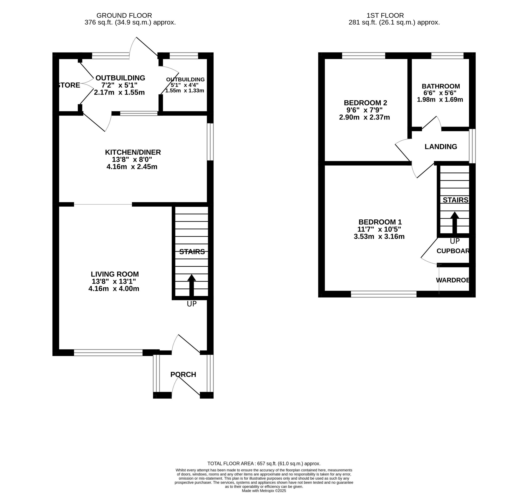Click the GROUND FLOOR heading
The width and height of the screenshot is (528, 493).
click(124, 16)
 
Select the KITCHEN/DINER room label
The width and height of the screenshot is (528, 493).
click(133, 152)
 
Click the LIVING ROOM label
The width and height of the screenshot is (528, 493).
click(115, 274)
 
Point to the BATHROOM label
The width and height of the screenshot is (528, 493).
click(441, 86)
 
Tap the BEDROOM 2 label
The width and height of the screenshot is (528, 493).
click(365, 103)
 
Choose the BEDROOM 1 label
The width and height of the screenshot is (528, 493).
click(380, 222)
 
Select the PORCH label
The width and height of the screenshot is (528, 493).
click(183, 374)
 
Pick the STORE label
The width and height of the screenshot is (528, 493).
click(69, 85)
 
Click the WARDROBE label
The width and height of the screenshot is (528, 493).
click(453, 280)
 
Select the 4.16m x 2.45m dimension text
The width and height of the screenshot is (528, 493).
click(132, 167)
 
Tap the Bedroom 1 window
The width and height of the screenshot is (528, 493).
click(384, 294)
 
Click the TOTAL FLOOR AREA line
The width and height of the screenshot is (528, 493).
click(264, 464)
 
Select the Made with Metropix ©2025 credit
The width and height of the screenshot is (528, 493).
click(264, 491)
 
